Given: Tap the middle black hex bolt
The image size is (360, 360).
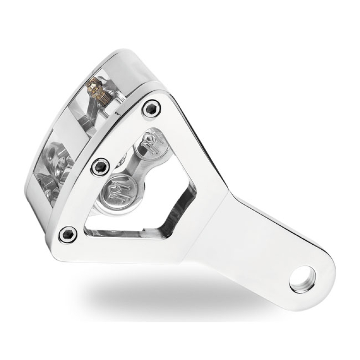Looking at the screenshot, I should pos(100,166).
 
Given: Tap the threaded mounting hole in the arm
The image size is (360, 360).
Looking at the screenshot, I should pos(302,279).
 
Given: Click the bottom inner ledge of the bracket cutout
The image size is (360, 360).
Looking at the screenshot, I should pos(130,233).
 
